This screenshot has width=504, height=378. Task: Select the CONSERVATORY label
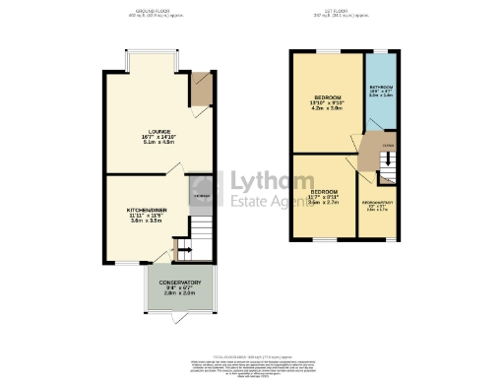pyautogui.click(x=177, y=282)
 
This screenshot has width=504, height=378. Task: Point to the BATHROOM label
pyautogui.click(x=381, y=85)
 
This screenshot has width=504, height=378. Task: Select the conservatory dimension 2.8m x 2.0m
pyautogui.click(x=177, y=293)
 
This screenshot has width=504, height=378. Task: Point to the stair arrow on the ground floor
pyautogui.click(x=177, y=244)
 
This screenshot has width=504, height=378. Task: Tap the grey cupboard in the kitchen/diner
pyautogui.click(x=199, y=197)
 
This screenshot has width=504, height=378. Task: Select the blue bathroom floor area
pyautogui.click(x=380, y=108)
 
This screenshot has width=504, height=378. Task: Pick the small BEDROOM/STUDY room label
pyautogui.click(x=378, y=202)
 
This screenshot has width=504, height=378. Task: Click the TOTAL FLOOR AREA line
pyautogui.click(x=251, y=335)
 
